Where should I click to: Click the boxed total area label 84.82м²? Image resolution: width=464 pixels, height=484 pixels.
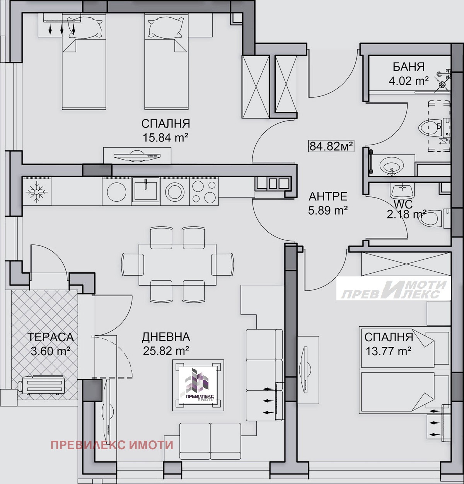[331, 147]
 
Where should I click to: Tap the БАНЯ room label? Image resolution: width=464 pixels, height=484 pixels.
[409, 67]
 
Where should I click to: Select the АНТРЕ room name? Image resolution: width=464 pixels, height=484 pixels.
[328, 197]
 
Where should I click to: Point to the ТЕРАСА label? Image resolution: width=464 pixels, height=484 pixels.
[51, 337]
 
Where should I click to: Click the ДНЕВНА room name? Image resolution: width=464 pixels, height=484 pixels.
[166, 337]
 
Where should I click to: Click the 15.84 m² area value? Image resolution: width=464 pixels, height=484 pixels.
[165, 138]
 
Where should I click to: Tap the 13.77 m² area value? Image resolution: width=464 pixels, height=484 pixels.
[388, 351]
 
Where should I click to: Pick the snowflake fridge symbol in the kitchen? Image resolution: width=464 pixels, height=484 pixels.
[37, 192]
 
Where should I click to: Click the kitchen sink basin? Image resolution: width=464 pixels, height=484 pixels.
[146, 191]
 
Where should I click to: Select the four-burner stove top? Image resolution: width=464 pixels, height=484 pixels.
[204, 191]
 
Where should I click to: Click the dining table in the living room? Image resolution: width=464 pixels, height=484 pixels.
[177, 265]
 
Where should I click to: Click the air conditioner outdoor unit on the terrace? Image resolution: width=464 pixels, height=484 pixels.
[40, 385]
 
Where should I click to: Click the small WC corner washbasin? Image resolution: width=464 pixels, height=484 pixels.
[402, 191]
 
